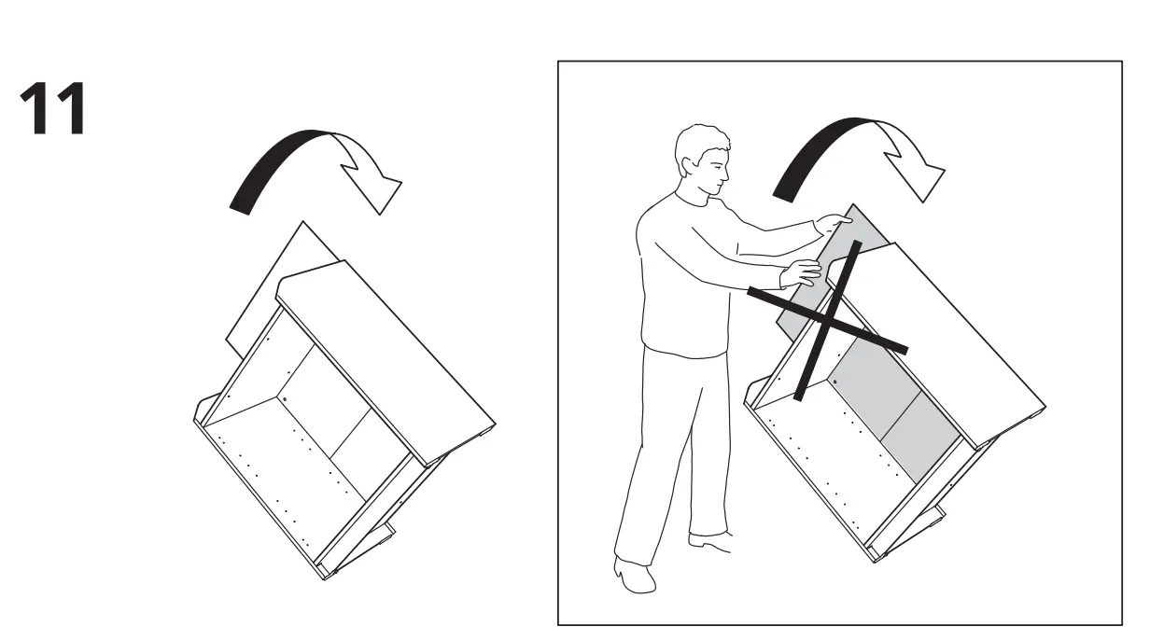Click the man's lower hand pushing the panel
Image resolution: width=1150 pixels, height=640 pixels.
tap(801, 273)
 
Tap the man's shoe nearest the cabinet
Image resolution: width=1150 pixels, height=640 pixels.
tap(709, 538)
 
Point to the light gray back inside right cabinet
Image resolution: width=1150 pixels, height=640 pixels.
tap(877, 401)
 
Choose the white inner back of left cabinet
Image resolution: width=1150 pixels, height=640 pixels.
tap(317, 401)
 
